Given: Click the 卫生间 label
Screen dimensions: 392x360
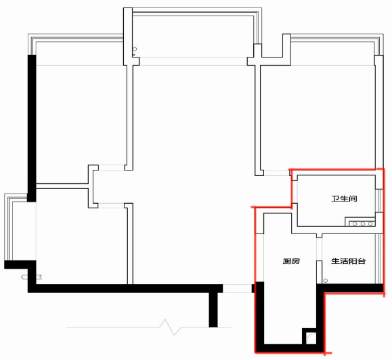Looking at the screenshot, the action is [344, 199].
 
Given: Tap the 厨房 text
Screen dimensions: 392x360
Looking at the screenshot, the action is [291, 261].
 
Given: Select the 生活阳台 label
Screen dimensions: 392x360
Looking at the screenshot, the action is [349, 261].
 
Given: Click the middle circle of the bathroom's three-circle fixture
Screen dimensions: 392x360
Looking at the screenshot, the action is [363, 223].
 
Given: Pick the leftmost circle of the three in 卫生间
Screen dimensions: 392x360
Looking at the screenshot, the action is [355, 223].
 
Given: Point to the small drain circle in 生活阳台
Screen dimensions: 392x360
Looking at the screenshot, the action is [326, 281].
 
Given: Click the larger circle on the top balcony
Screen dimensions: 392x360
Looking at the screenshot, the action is [135, 49].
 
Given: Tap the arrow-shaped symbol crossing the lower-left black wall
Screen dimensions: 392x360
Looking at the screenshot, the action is [32, 277].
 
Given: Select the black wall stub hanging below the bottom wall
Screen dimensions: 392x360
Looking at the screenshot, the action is [213, 310].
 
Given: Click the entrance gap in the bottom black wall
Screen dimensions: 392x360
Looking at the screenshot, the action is [237, 288].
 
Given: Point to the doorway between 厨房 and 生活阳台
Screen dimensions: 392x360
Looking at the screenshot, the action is [320, 249].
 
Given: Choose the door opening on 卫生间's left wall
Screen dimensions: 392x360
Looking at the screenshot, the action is [295, 192].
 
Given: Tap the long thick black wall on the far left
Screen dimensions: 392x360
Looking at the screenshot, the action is [32, 128].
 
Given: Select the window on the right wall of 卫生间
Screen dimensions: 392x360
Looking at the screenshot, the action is [379, 200].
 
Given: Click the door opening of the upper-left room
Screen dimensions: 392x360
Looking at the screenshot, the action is [111, 167].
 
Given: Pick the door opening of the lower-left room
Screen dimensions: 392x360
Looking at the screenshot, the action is [111, 206].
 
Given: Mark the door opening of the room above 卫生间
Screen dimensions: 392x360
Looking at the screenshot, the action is [276, 173].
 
